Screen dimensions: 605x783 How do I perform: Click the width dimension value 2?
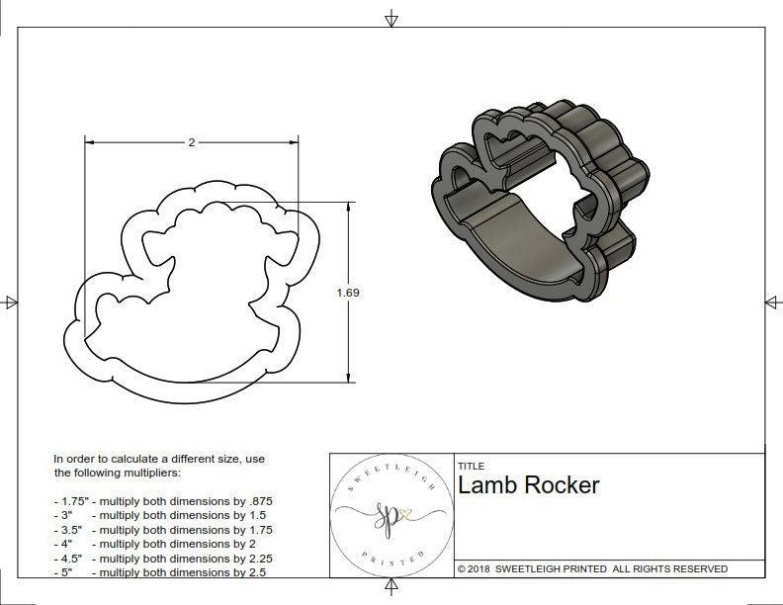(x=191, y=142)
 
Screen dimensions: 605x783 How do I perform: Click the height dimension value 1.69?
(x=348, y=292)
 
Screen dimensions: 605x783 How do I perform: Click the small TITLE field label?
(x=471, y=466)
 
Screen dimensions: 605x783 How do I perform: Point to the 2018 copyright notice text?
(x=592, y=568)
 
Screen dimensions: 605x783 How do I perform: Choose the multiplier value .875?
(x=258, y=501)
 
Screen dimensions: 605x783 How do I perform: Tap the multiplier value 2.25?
(x=258, y=558)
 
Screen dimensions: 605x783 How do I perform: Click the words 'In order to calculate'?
(x=109, y=459)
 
